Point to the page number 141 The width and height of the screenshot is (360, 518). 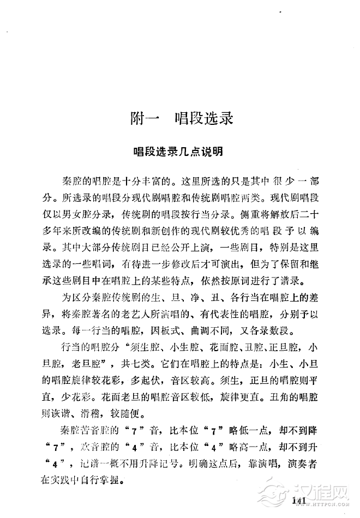coord(301,502)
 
